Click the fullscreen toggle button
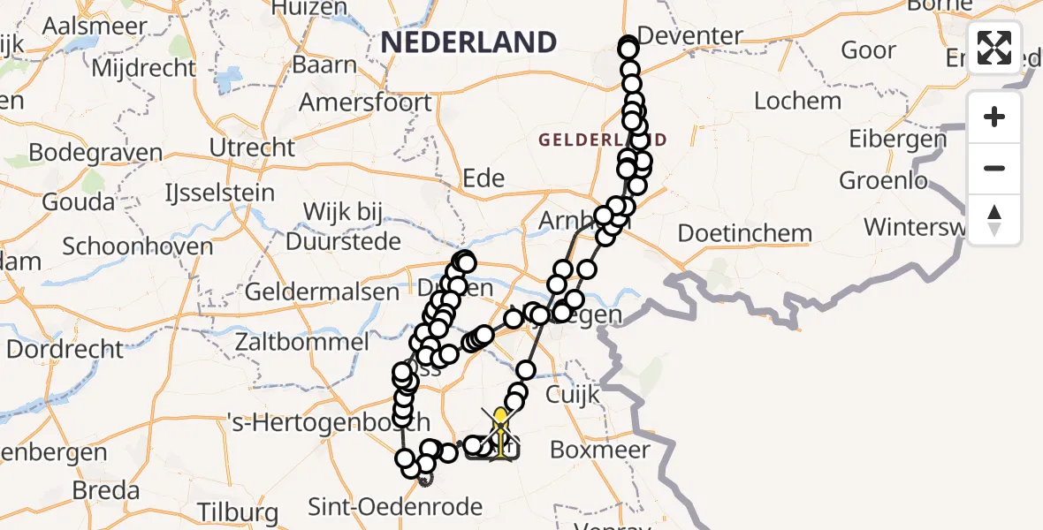[x=994, y=48]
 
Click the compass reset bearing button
[x=994, y=220]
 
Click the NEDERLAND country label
[x=468, y=42]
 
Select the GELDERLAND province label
[x=602, y=140]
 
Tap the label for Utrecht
[x=253, y=147]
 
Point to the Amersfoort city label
[x=365, y=102]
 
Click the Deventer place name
[x=689, y=36]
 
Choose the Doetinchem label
[x=744, y=234]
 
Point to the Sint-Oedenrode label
[x=395, y=507]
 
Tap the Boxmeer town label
[x=599, y=450]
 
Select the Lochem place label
[x=796, y=101]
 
